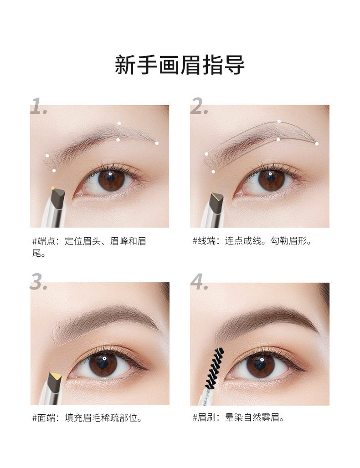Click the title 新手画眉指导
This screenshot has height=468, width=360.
[180, 65]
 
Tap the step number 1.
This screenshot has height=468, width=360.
[39, 106]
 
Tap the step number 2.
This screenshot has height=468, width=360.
[199, 106]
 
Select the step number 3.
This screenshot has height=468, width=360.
[39, 281]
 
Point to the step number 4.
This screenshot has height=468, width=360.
[199, 281]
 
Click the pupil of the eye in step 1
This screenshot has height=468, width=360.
[111, 178]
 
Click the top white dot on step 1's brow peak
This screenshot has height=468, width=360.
[119, 123]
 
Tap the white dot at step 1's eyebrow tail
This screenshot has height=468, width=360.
[157, 143]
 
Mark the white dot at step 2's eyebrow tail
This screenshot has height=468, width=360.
[317, 144]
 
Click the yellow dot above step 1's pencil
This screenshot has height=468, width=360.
[53, 188]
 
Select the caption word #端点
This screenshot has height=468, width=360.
[44, 241]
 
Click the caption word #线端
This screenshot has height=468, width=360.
[204, 240]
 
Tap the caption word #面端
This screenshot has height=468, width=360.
[44, 418]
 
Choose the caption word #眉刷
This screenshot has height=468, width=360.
[204, 417]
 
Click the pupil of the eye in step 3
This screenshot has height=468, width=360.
[103, 362]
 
